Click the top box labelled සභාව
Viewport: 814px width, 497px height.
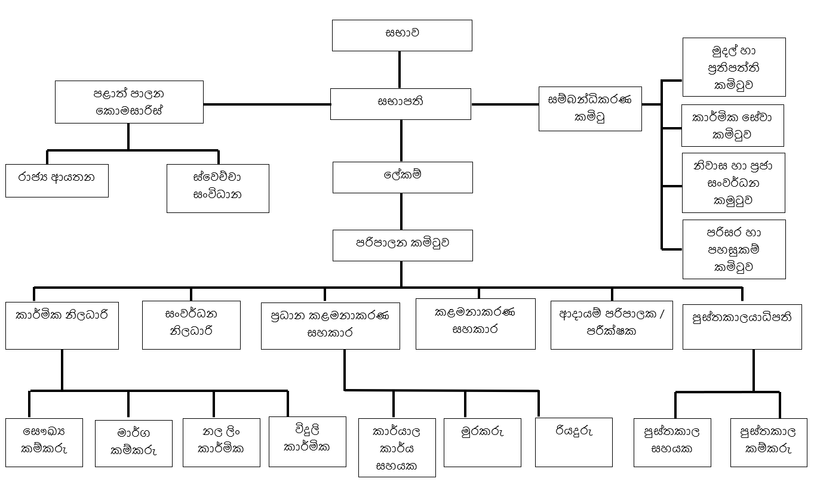(402, 35)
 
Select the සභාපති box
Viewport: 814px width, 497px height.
(401, 104)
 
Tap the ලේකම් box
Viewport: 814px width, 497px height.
(402, 177)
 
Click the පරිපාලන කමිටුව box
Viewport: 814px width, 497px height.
(402, 245)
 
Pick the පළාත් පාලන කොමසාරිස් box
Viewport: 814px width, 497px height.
(129, 102)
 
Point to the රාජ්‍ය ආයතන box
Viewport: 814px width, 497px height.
(57, 180)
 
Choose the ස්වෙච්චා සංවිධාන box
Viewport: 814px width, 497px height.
(217, 188)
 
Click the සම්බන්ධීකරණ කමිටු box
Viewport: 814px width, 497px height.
(589, 109)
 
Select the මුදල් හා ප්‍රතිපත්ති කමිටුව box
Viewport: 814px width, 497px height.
(733, 67)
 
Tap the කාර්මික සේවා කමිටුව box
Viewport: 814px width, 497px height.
(732, 126)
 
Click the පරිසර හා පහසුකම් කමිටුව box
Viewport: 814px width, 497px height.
(733, 249)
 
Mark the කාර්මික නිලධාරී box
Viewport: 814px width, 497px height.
(62, 326)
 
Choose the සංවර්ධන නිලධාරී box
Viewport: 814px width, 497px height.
(191, 325)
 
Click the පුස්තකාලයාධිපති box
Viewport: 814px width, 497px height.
(742, 326)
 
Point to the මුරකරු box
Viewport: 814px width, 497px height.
(483, 442)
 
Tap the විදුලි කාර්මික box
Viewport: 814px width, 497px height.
(308, 441)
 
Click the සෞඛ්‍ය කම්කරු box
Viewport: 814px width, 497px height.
(44, 442)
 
